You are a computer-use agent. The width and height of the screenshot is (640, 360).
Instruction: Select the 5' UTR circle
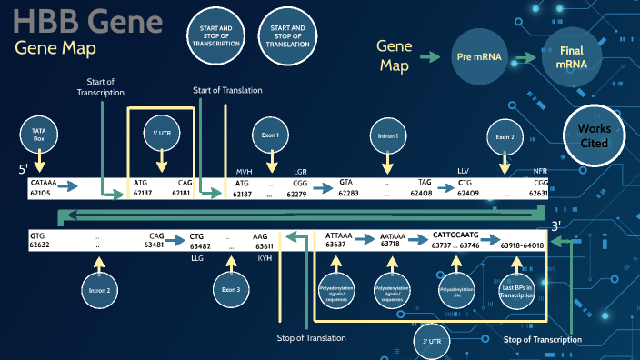163,134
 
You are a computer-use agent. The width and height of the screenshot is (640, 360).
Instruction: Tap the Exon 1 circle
270,134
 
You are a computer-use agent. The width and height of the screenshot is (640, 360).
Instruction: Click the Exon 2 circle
505,136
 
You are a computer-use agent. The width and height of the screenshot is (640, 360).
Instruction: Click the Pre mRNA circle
479,57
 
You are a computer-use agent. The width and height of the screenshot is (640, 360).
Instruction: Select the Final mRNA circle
571,58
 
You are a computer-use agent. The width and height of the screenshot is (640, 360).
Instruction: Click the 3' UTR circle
432,343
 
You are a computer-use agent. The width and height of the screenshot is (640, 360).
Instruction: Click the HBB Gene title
89,21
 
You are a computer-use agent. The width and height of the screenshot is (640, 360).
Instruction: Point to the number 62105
41,193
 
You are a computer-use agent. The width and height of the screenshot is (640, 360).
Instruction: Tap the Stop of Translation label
311,338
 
